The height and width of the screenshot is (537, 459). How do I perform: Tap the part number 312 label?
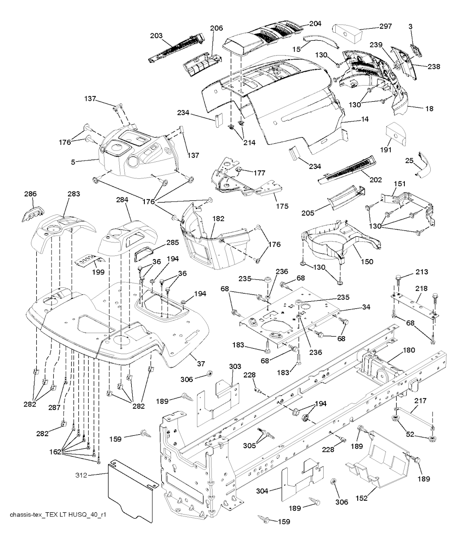[82, 475]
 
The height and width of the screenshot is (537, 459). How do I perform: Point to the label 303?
[235, 367]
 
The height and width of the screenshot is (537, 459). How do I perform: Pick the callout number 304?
[263, 491]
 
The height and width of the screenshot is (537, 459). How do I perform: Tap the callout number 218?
[421, 289]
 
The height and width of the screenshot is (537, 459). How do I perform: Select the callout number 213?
[421, 272]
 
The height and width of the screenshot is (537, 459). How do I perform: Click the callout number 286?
[30, 194]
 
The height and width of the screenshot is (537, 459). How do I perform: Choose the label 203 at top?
[156, 35]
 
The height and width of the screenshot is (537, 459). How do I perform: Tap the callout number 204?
[315, 23]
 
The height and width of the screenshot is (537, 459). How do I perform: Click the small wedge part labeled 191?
[397, 132]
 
